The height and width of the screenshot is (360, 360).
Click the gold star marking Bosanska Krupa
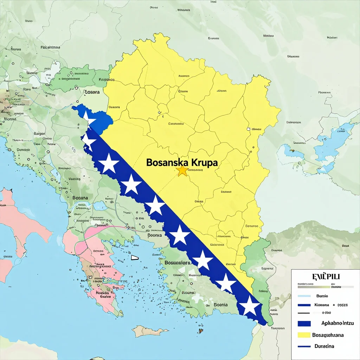point(182,171)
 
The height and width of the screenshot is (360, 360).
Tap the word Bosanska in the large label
point(167,163)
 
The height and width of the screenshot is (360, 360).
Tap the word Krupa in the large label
point(205,163)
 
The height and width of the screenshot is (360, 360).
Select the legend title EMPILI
point(326,276)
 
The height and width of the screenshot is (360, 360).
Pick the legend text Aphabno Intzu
point(337,323)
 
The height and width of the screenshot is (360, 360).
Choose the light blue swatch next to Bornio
point(304,296)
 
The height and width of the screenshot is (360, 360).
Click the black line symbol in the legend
point(304,313)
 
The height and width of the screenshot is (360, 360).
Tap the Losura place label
point(92,92)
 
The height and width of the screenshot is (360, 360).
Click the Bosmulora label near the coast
point(178,263)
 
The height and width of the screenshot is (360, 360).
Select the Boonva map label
point(155,236)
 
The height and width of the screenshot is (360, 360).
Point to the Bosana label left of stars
point(80,198)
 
